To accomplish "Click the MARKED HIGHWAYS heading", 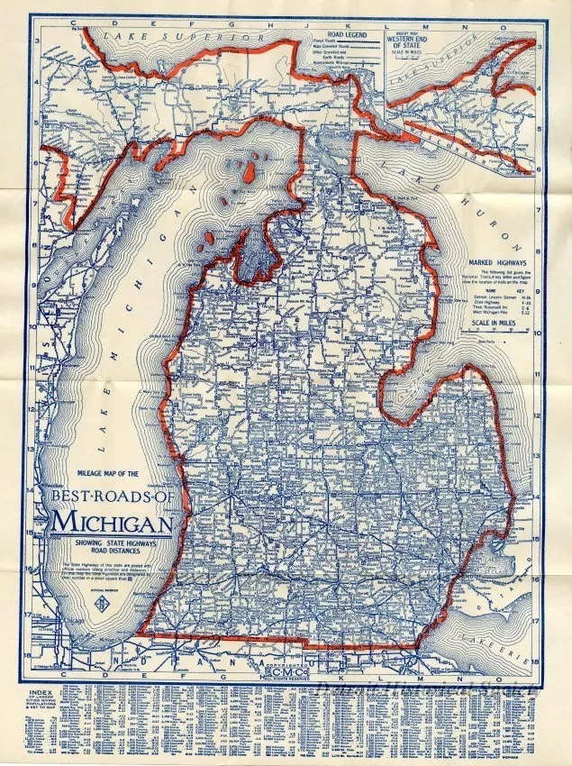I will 490,260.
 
